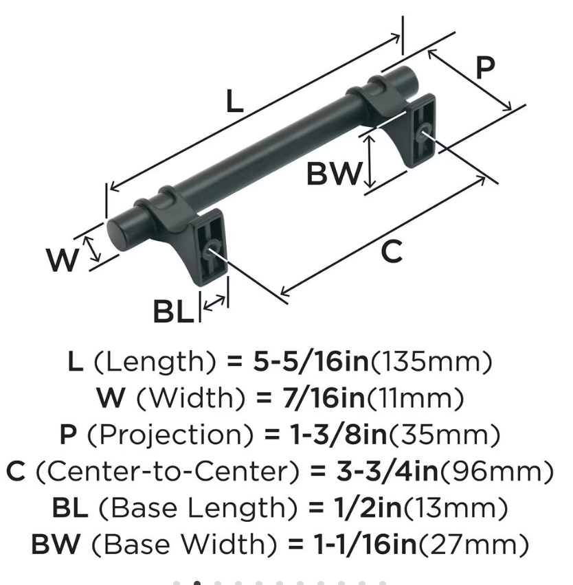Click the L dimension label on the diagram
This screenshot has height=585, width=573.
pos(235,102)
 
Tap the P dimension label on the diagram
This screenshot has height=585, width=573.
pos(486,67)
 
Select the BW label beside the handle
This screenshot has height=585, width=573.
pos(334,174)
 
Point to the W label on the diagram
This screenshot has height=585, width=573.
pos(63,260)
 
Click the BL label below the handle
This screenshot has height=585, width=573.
pos(174,312)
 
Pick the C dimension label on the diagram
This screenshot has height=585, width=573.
pos(392,251)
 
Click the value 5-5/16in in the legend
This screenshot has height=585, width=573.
pos(311,361)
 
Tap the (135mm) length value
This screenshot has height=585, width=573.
pos(431,362)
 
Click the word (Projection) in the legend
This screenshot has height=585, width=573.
pos(170,435)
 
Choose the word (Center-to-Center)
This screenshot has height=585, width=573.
pos(167,471)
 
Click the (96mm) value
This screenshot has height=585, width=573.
pos(497,471)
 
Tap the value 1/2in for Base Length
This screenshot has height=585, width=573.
pos(368,507)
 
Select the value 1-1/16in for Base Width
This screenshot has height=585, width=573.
pos(365,544)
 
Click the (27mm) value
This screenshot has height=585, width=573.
pos(473,544)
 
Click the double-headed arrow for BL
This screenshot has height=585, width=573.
pos(214,303)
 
